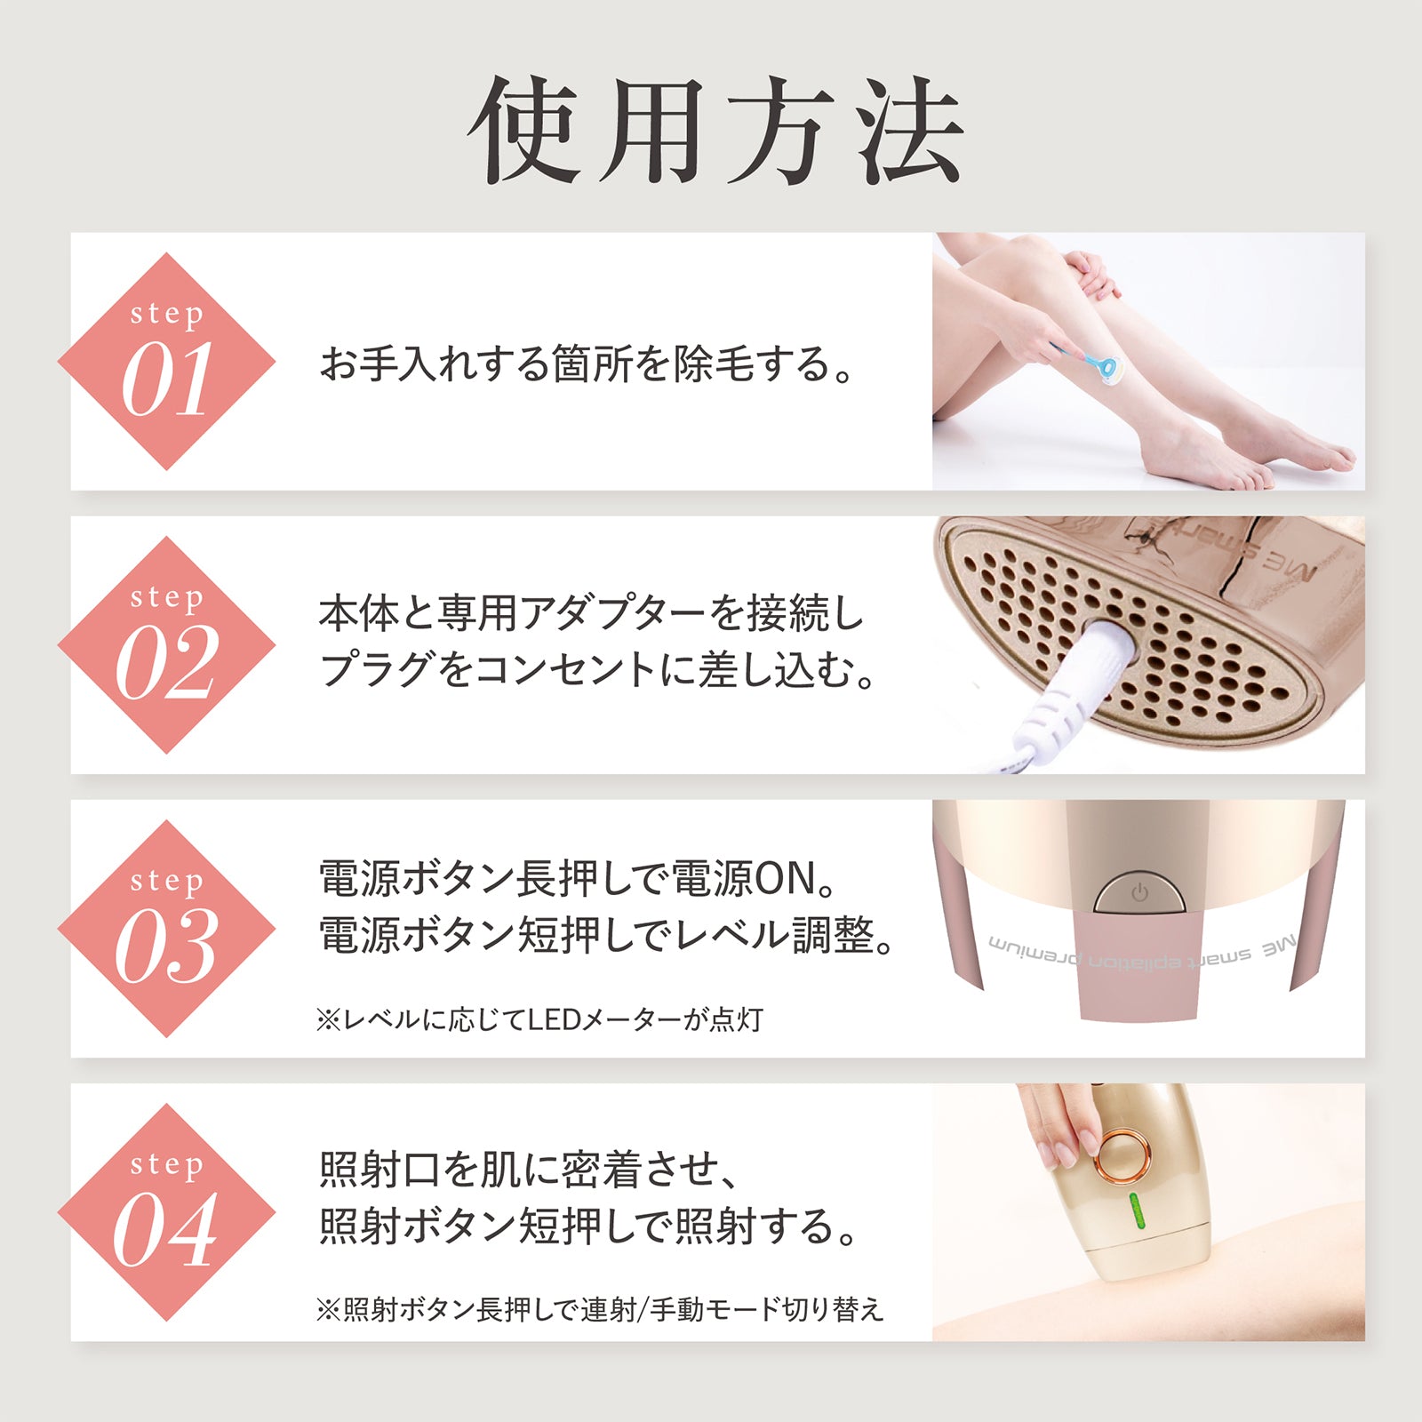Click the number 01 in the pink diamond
pyautogui.click(x=166, y=379)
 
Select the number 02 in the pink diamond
pyautogui.click(x=166, y=663)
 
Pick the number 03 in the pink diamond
pyautogui.click(x=166, y=947)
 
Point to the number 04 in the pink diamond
pyautogui.click(x=166, y=1230)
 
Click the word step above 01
pyautogui.click(x=166, y=314)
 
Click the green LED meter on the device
pyautogui.click(x=1138, y=1211)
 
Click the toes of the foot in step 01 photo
pyautogui.click(x=1333, y=462)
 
